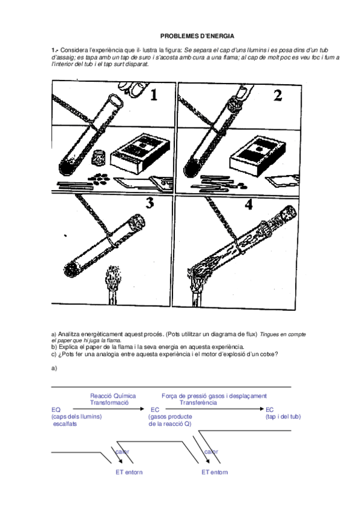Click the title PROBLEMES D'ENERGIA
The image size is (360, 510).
(197, 35)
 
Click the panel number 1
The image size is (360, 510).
(154, 94)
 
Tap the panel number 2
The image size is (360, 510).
(278, 95)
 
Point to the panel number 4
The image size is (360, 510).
(249, 204)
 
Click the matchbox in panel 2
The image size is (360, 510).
(258, 156)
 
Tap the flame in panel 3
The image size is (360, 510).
(112, 279)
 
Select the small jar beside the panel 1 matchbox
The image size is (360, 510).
(98, 158)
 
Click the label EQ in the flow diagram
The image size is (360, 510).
(56, 410)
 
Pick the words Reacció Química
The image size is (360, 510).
(113, 396)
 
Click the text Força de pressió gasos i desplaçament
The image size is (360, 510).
(214, 396)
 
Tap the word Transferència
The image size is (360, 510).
(198, 403)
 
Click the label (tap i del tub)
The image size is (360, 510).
(283, 417)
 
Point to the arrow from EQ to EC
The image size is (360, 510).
(108, 409)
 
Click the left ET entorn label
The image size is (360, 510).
(129, 472)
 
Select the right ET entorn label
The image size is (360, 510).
(215, 472)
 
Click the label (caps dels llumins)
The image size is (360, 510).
(76, 417)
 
